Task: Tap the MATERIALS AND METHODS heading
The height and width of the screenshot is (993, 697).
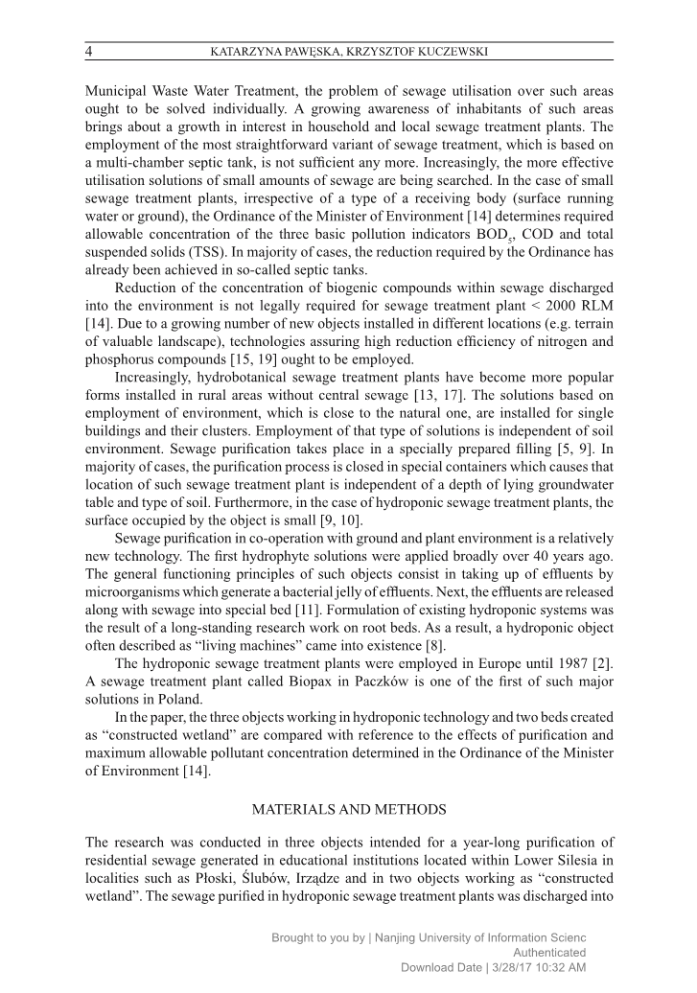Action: pyautogui.click(x=348, y=810)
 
